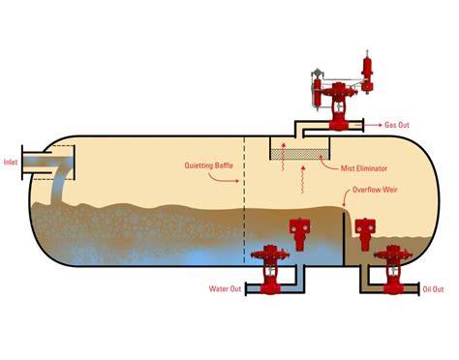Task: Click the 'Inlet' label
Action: (x=12, y=162)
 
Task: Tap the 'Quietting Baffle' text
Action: (x=206, y=165)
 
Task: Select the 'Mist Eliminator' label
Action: (x=362, y=167)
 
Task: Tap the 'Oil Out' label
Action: (x=434, y=288)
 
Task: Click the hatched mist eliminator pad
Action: (x=302, y=153)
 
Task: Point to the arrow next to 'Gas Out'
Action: (x=373, y=125)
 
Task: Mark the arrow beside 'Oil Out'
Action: (x=414, y=288)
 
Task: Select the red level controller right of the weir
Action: (x=365, y=231)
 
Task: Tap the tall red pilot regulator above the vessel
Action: (x=368, y=73)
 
